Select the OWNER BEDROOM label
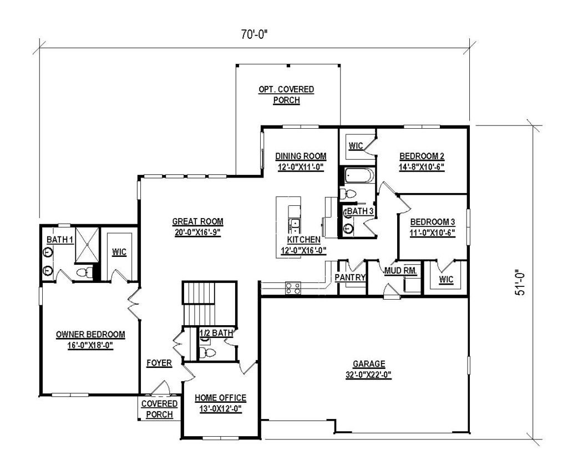pos(90,335)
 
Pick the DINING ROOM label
pos(301,156)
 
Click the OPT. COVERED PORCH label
pos(286,89)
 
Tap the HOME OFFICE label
pos(221,398)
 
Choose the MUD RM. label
pos(402,271)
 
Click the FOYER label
pos(159,363)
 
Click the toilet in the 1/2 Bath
pos(210,352)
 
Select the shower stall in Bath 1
pos(86,244)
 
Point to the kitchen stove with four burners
pos(293,287)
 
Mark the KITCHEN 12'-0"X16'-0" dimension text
pos(303,250)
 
